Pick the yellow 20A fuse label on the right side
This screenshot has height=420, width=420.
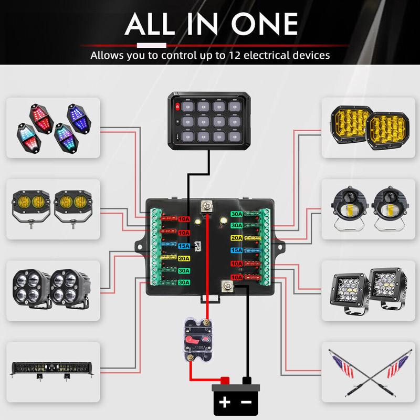tap(237, 237)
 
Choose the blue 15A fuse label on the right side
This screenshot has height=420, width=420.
tap(237, 250)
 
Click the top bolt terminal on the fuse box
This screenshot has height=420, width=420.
tap(207, 206)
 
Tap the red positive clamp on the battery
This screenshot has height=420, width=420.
tap(225, 380)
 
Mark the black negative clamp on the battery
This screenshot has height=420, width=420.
tap(245, 380)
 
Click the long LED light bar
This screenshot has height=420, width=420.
tap(52, 369)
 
